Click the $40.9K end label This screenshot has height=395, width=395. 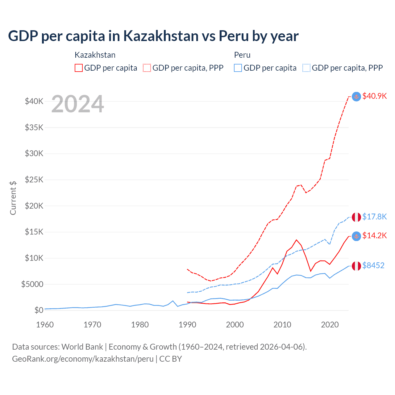(x=374, y=96)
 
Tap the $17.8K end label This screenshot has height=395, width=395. (x=374, y=217)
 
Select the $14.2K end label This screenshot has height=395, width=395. (x=374, y=236)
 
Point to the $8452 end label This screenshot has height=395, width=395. (x=373, y=265)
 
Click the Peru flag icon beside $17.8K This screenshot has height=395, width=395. (x=356, y=217)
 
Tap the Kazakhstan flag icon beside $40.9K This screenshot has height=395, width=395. (x=356, y=97)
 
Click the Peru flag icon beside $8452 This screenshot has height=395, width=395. (x=356, y=266)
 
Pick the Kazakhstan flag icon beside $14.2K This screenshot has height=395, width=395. (x=356, y=236)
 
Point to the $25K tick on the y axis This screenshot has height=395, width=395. (x=34, y=180)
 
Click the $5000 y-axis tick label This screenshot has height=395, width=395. (x=32, y=284)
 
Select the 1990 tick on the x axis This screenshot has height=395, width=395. (x=187, y=325)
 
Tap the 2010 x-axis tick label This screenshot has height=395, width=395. (x=282, y=325)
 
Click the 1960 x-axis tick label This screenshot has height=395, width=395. (x=45, y=325)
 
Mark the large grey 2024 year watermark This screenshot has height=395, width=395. (x=77, y=104)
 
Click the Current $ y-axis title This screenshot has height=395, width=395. (x=13, y=198)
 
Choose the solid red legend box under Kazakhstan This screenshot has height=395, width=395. (x=79, y=68)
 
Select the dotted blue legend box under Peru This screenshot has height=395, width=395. (x=306, y=68)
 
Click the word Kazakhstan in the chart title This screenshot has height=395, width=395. (x=161, y=36)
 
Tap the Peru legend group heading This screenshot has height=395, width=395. (x=242, y=55)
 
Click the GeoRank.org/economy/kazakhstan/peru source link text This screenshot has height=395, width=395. (x=83, y=359)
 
